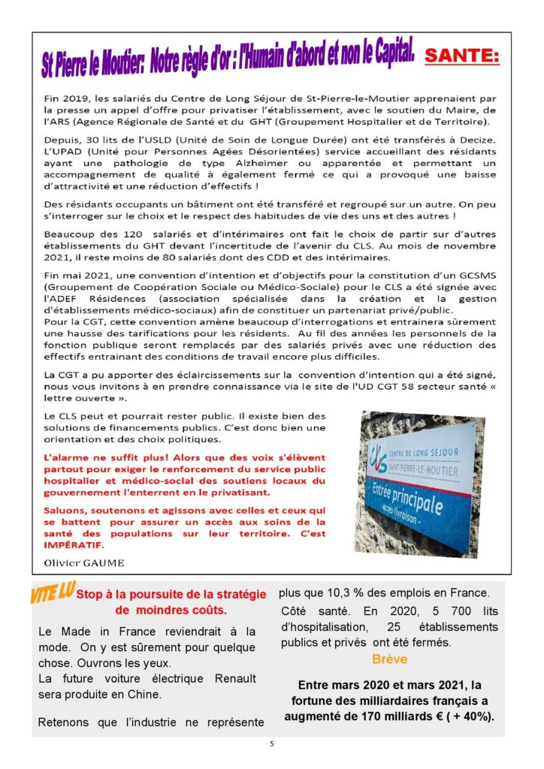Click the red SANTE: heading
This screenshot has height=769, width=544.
461,57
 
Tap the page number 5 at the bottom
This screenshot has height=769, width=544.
272,744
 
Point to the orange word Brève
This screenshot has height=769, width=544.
389,659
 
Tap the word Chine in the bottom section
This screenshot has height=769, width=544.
146,695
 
